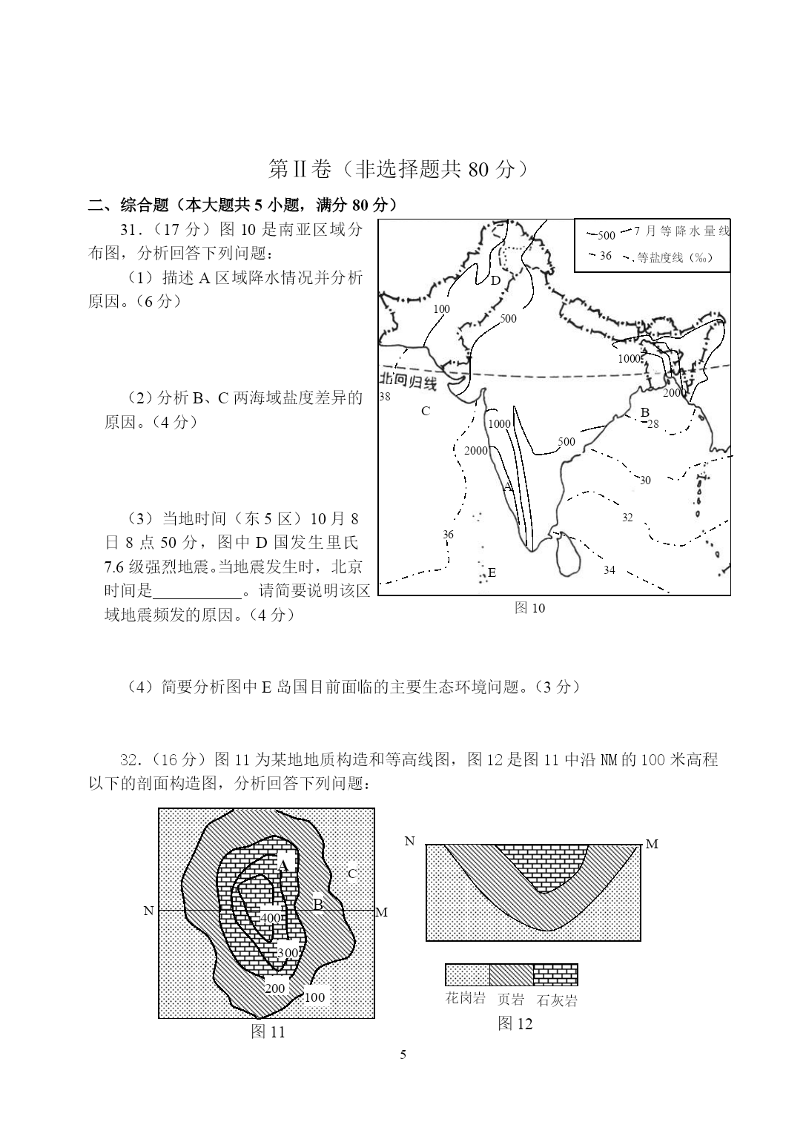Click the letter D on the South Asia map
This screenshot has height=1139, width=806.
point(495,280)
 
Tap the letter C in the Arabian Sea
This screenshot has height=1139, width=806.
point(426,411)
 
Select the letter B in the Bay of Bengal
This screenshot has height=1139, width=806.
point(644,412)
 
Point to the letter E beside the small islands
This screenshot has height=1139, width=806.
point(492,572)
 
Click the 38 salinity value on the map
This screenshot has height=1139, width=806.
point(384,397)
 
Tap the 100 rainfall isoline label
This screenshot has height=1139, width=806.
point(441,309)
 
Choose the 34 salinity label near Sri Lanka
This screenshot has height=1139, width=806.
point(609,570)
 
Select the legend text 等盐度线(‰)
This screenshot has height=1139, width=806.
point(674,258)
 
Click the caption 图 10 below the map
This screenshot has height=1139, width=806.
point(529,608)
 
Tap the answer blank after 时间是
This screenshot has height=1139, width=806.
point(197,591)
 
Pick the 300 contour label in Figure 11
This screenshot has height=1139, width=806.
point(287,953)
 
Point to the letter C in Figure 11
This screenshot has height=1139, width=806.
point(352,874)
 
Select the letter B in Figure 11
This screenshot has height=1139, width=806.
point(317,904)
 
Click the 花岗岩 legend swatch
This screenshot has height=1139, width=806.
point(467,974)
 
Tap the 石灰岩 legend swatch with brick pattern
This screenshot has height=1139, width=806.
point(555,974)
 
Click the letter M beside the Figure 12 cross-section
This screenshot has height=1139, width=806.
point(652,845)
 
